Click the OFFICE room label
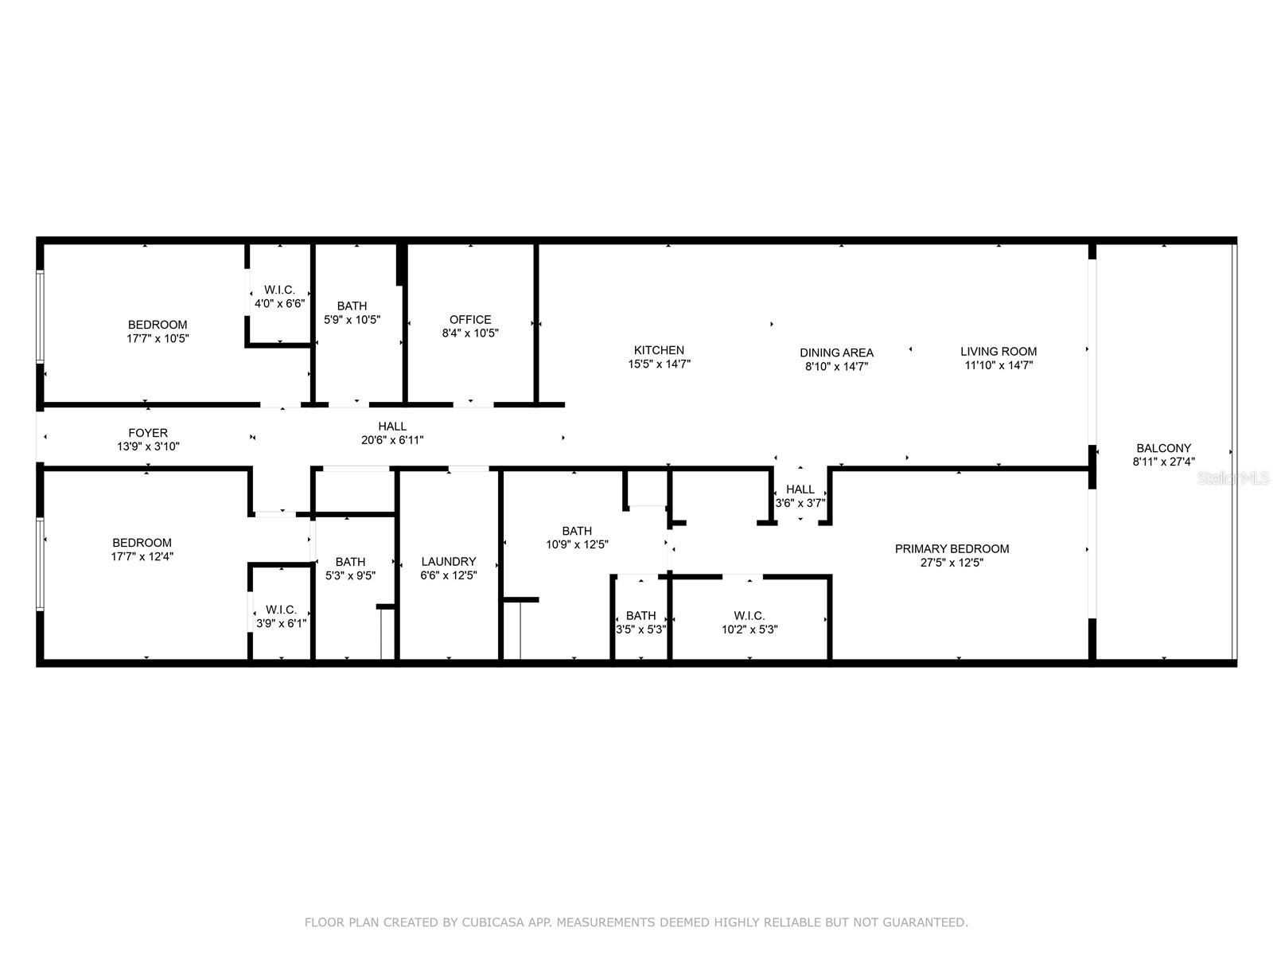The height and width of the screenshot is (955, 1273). pyautogui.click(x=470, y=319)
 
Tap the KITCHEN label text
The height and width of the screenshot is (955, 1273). pyautogui.click(x=659, y=350)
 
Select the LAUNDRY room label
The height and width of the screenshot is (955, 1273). pyautogui.click(x=448, y=561)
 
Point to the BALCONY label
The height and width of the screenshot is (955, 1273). pyautogui.click(x=1163, y=448)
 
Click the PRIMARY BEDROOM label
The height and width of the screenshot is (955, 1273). pyautogui.click(x=952, y=548)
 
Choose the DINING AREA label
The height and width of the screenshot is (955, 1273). pyautogui.click(x=836, y=353)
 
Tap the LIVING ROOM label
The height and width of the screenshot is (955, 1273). pyautogui.click(x=998, y=351)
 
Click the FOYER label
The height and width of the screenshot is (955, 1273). pyautogui.click(x=148, y=433)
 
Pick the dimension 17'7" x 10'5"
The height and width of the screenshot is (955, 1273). pyautogui.click(x=158, y=338)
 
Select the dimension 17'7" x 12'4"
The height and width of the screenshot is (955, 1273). pyautogui.click(x=142, y=556)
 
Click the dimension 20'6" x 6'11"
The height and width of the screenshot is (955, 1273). pyautogui.click(x=392, y=440)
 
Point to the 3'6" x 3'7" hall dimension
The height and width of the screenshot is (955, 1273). pyautogui.click(x=800, y=503)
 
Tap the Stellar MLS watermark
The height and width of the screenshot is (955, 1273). pyautogui.click(x=1234, y=478)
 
